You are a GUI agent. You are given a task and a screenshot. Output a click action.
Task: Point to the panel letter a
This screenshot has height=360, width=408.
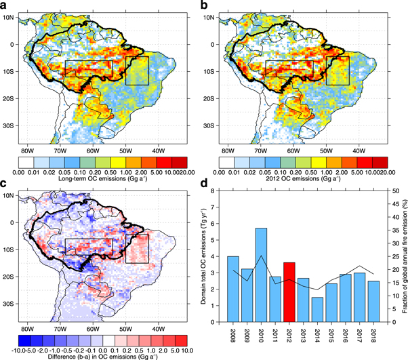(x=5, y=5)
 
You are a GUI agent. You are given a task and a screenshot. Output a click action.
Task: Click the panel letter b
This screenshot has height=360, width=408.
(x=211, y=5)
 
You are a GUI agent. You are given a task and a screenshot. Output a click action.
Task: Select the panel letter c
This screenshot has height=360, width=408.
(x=5, y=185)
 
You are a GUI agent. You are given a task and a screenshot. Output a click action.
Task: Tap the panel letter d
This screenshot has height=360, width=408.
(x=211, y=185)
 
